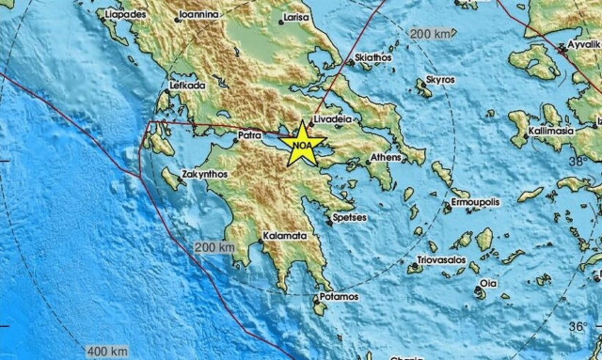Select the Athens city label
click(387, 157)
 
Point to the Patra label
click(247, 134)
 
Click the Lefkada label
click(187, 86)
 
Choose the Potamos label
click(339, 297)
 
